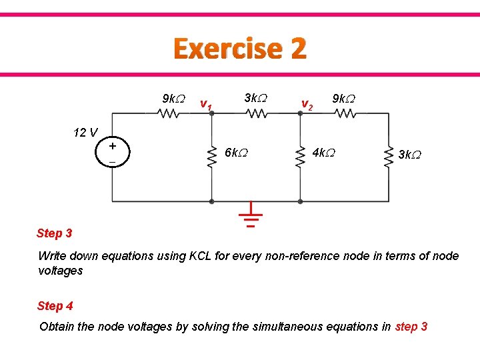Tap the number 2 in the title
coord(298,49)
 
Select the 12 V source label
coord(85,132)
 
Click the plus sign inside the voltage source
coord(113,146)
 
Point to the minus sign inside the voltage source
coord(113,163)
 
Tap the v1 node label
coord(206,105)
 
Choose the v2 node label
coord(307,104)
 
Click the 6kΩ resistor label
coord(237,153)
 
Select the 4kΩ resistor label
coord(323,153)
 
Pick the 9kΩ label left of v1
coord(173,99)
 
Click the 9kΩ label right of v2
coord(343,99)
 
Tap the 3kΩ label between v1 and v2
coord(255,98)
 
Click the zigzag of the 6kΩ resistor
coord(211,157)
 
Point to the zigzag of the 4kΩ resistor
coord(299,157)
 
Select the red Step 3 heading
coord(55,233)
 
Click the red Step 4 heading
coord(55,306)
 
